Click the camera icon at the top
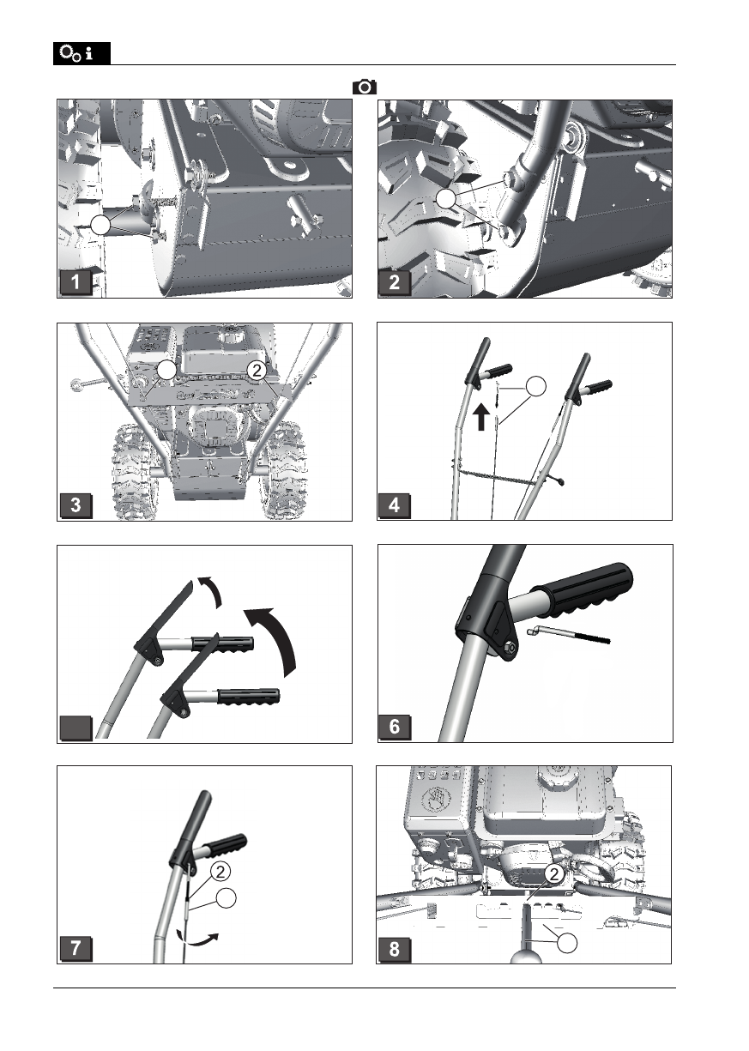point(365,87)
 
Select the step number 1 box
point(77,283)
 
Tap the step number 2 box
point(394,283)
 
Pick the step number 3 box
point(77,505)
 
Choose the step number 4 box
point(394,505)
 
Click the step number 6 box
point(394,728)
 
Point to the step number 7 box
point(77,949)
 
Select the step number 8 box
point(394,949)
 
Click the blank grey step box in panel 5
point(77,728)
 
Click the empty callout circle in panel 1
point(102,226)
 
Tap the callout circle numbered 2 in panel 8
point(554,874)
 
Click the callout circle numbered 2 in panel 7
point(220,872)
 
